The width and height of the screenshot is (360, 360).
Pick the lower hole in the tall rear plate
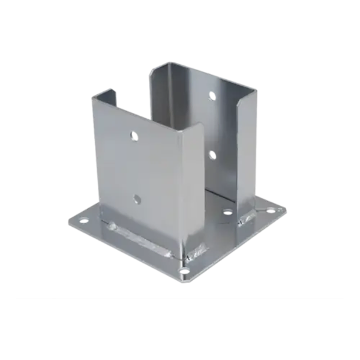pos(211,155)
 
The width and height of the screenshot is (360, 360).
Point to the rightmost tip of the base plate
pos(286,211)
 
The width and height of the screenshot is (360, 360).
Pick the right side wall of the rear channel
pos(247,150)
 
